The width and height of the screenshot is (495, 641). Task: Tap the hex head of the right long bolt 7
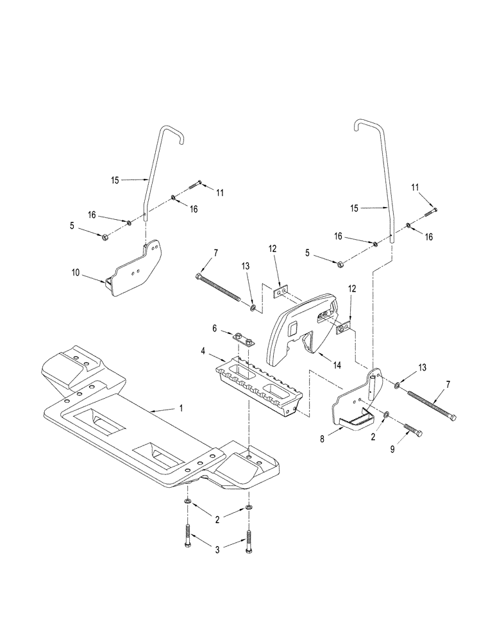(x=454, y=418)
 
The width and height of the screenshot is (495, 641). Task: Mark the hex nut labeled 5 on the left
(x=105, y=237)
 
